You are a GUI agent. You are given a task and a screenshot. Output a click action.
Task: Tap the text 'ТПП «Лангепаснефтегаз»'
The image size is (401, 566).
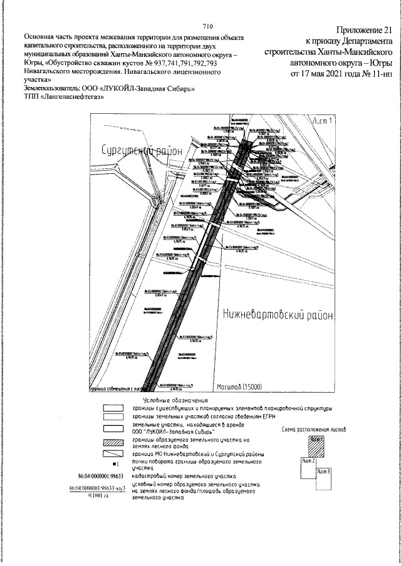(63, 97)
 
